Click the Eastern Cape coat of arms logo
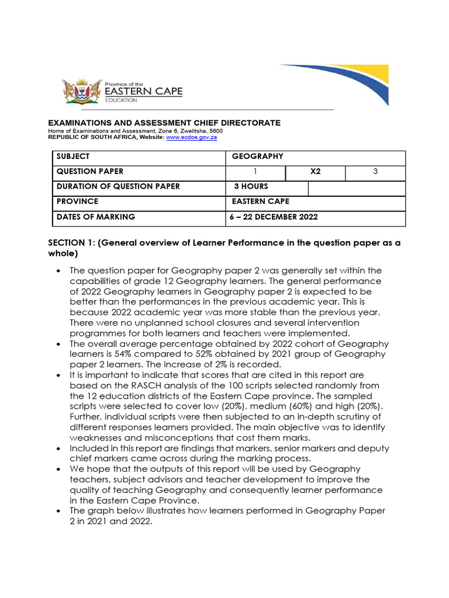tap(81, 92)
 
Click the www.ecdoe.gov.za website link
tap(191, 137)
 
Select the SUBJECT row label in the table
tap(73, 157)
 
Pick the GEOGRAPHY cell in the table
tap(257, 157)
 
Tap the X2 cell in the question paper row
tap(315, 172)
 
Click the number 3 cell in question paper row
tap(375, 172)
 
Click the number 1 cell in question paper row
tap(255, 172)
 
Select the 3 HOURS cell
tap(251, 187)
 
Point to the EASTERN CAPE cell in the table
tap(260, 201)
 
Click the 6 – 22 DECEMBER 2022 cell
tap(275, 217)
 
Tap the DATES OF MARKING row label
tap(95, 217)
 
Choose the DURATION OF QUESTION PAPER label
tap(118, 187)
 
